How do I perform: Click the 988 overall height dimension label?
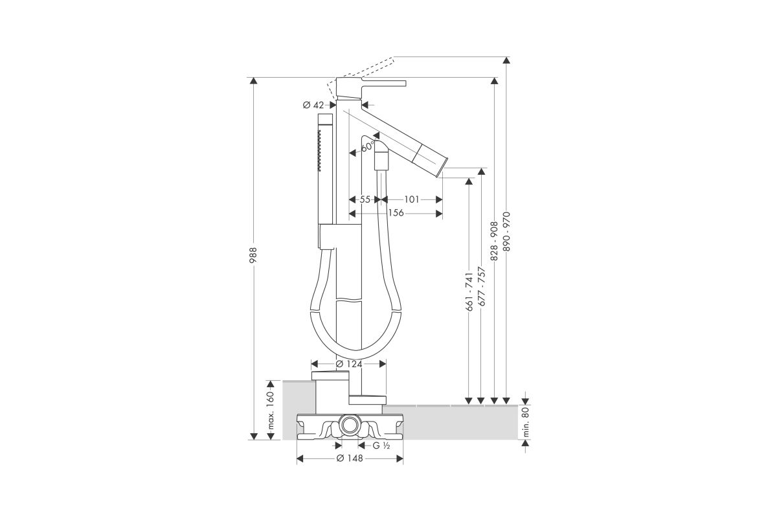point(254,255)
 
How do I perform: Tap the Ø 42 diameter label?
point(313,105)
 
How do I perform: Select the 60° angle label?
point(368,146)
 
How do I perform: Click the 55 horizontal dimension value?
point(365,199)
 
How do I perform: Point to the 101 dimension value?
point(412,199)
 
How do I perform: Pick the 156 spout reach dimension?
point(396,212)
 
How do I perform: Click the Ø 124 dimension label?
point(349,364)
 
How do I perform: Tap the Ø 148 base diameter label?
point(350,458)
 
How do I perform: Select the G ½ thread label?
point(381,446)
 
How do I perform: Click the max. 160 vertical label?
point(271,411)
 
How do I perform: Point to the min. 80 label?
point(526,422)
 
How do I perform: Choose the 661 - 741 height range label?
point(469,292)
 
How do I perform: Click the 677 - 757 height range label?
point(482,286)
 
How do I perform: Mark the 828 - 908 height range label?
point(494,241)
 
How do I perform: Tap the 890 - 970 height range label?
point(507,232)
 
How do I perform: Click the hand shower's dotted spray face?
point(76,150)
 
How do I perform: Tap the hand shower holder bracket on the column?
point(340,236)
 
